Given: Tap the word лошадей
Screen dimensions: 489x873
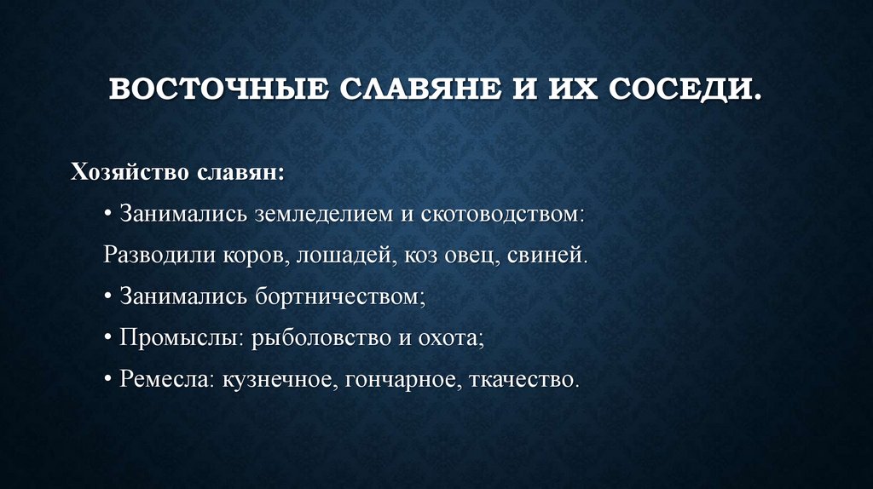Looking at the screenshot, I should coord(346,254).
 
